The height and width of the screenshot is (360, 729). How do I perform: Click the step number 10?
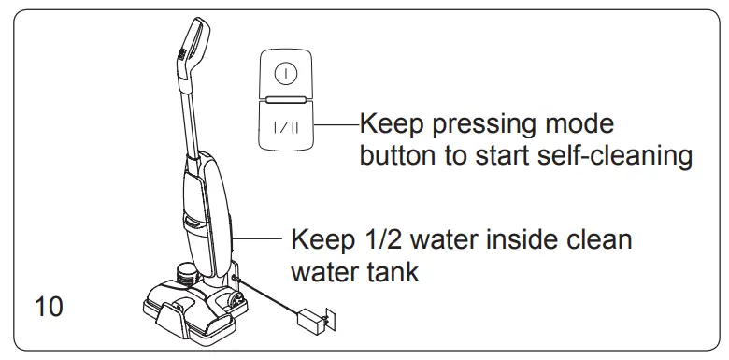[x=50, y=307]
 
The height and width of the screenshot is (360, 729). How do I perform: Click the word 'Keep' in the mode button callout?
[x=390, y=124]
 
